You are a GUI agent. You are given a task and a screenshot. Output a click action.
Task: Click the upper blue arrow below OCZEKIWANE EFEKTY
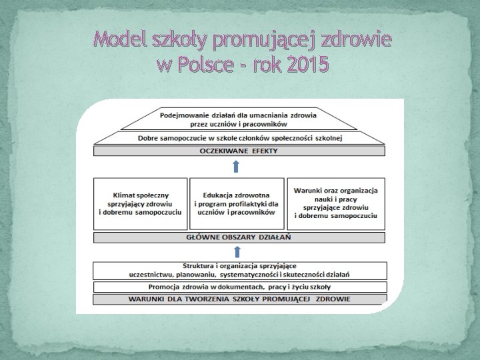[x=237, y=166]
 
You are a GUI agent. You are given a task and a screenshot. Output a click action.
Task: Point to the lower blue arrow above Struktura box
[x=237, y=251]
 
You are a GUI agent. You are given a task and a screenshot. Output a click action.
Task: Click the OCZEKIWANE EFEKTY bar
[x=239, y=151]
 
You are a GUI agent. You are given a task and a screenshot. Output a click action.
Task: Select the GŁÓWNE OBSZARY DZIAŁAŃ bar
[x=239, y=237]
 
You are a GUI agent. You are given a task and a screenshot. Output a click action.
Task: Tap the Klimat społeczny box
[x=140, y=203]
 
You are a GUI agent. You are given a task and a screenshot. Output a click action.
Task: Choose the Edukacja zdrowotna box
[x=236, y=203]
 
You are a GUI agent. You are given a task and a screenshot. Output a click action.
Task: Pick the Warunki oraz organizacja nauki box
[x=335, y=203]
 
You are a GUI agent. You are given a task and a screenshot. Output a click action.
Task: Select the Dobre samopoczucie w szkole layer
[x=239, y=138]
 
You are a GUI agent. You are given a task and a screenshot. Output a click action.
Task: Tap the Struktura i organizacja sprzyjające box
[x=239, y=270]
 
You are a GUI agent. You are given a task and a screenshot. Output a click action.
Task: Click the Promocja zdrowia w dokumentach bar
[x=239, y=287]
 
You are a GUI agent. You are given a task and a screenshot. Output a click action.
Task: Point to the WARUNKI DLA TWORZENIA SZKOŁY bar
[x=239, y=299]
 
